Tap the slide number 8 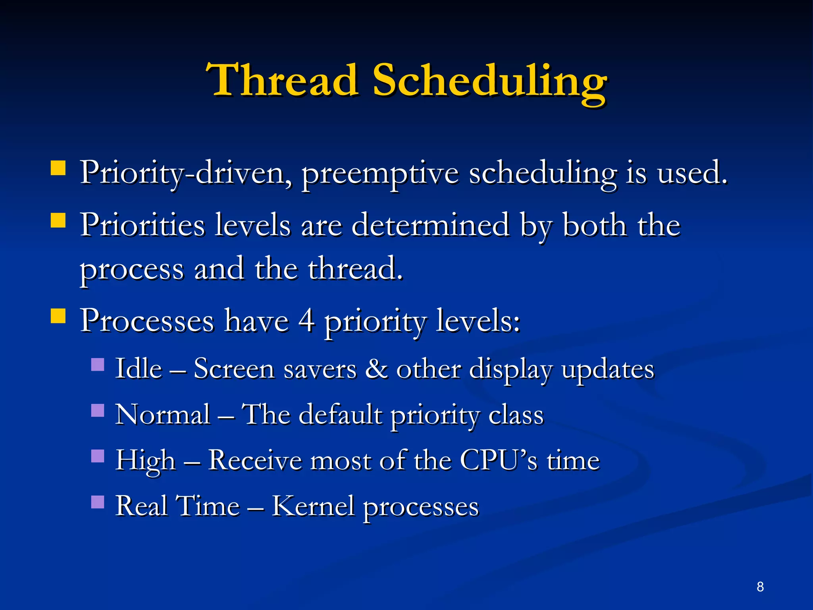coord(760,587)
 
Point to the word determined coord(430,226)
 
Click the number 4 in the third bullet coord(306,321)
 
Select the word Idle coord(139,369)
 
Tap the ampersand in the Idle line coord(376,369)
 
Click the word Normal coord(163,415)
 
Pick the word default coord(340,415)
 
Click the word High coord(145,461)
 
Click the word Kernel coord(312,506)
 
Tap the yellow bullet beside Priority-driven coord(58,168)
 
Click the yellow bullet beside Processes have coord(58,317)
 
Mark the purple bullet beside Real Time coord(98,502)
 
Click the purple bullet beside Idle coord(98,365)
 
